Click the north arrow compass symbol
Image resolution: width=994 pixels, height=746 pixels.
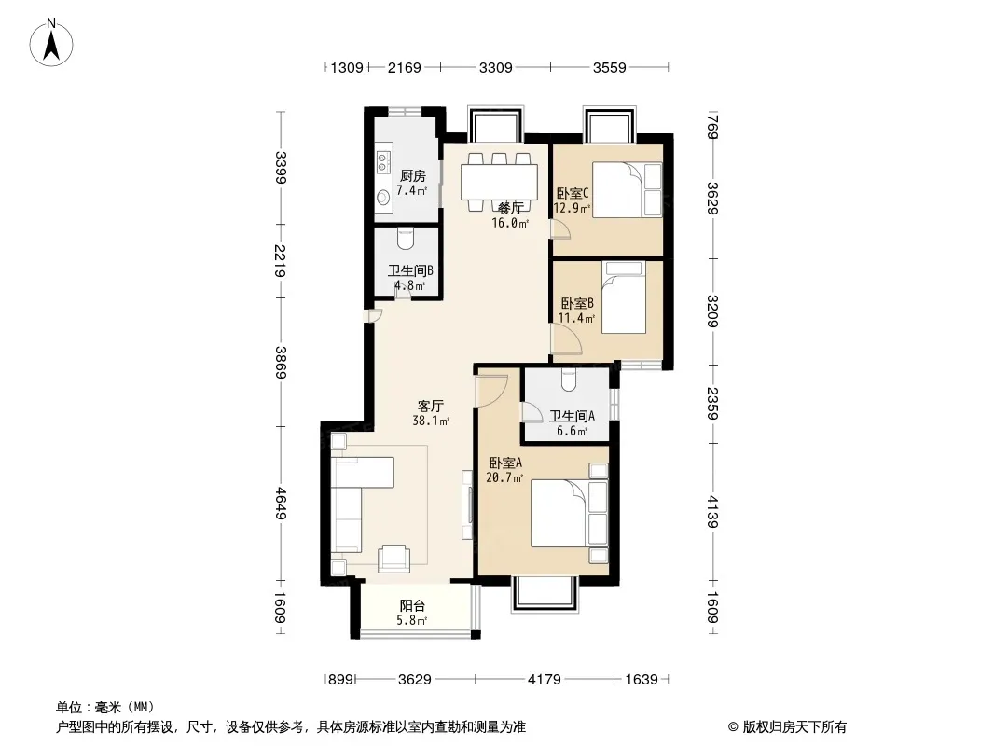point(51,42)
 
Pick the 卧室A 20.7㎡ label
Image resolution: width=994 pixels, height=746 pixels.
point(504,470)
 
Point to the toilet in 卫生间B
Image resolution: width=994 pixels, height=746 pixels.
point(406,239)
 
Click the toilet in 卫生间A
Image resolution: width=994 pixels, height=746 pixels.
point(568,380)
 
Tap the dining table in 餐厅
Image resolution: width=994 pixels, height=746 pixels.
point(500,183)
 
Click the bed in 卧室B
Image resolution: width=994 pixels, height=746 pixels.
point(624,297)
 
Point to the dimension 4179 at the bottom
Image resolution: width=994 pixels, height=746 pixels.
point(545,680)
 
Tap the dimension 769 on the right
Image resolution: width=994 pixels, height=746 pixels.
point(712,127)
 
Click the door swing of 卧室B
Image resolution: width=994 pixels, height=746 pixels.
point(567,339)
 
